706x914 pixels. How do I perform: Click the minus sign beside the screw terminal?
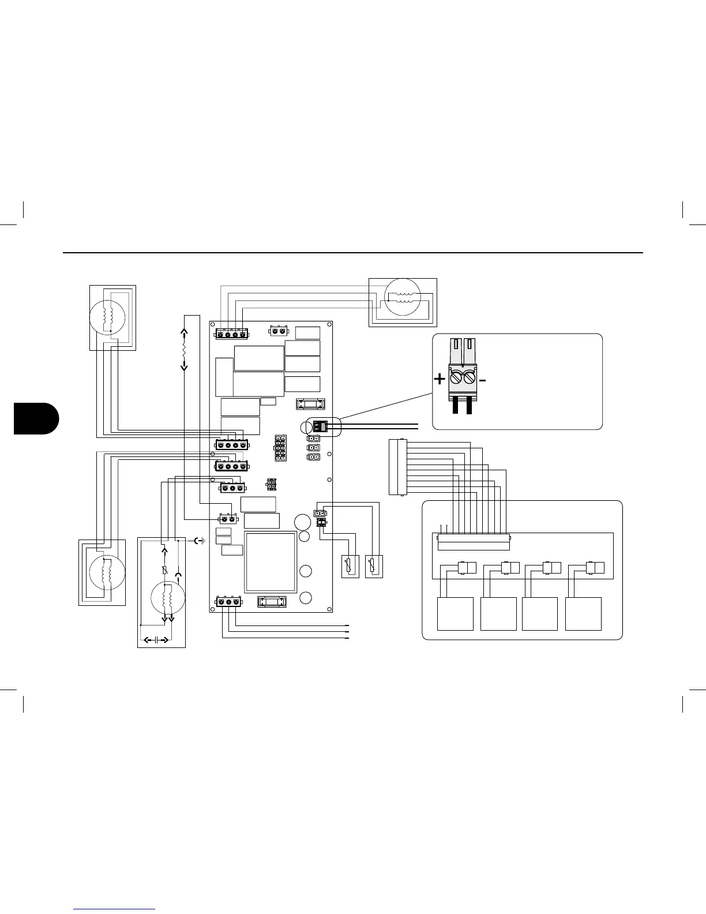pos(483,380)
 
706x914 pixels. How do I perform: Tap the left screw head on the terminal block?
pos(455,379)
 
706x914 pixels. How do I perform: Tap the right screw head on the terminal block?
pos(469,379)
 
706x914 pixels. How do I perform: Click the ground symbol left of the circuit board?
pos(200,541)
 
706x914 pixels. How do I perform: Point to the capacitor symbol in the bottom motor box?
pos(156,639)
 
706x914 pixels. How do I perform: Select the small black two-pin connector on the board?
pos(320,427)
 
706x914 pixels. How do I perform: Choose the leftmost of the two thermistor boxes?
pos(350,566)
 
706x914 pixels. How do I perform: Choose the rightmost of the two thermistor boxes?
pos(374,566)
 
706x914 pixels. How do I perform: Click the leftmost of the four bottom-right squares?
pos(455,614)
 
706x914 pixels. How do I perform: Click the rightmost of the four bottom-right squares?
pos(583,614)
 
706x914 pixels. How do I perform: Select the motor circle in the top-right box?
pos(403,297)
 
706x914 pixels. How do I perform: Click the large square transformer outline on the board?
pos(271,562)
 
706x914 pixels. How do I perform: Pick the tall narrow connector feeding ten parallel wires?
pos(397,467)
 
